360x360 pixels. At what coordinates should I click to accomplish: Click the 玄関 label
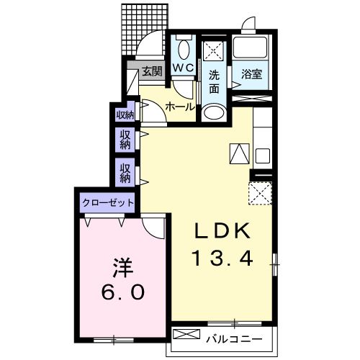(x=151, y=71)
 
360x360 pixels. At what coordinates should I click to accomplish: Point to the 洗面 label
(x=215, y=81)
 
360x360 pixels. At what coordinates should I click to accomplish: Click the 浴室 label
(x=251, y=73)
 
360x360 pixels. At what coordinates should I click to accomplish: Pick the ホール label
(x=179, y=107)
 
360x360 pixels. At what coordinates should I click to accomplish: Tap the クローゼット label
(x=108, y=202)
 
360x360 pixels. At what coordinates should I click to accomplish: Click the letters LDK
(x=222, y=232)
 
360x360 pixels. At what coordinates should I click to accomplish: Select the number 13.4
(x=222, y=258)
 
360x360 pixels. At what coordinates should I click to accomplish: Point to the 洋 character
(x=120, y=268)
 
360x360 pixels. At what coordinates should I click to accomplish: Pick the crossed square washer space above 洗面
(x=213, y=51)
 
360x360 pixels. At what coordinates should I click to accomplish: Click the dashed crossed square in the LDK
(x=259, y=194)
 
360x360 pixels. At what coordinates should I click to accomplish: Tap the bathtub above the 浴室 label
(x=251, y=48)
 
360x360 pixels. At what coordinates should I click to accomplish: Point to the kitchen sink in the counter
(x=261, y=155)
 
